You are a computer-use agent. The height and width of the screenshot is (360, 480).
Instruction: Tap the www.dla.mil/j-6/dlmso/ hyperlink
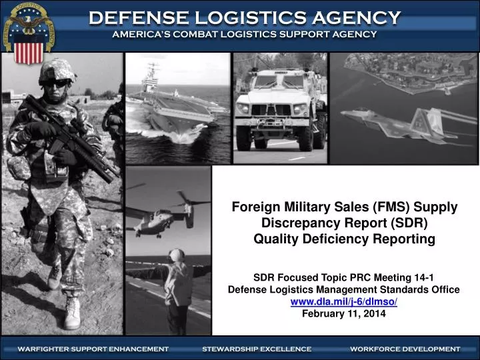[343, 302]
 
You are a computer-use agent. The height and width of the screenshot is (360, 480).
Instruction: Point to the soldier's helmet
[57, 70]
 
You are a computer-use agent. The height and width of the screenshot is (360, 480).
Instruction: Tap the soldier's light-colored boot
[72, 313]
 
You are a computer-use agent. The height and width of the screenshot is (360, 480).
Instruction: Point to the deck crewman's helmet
[177, 255]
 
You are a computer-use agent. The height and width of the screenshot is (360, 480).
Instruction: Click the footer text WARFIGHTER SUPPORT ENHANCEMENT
[93, 349]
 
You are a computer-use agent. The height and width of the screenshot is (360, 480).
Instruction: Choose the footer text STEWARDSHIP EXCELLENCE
[257, 349]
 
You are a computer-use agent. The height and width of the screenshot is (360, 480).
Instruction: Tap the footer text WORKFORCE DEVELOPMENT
[405, 349]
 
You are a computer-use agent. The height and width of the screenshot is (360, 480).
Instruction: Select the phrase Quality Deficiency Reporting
[343, 239]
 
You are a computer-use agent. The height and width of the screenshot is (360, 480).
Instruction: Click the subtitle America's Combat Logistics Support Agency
[244, 34]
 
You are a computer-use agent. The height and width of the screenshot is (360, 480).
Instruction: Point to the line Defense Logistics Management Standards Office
[343, 289]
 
